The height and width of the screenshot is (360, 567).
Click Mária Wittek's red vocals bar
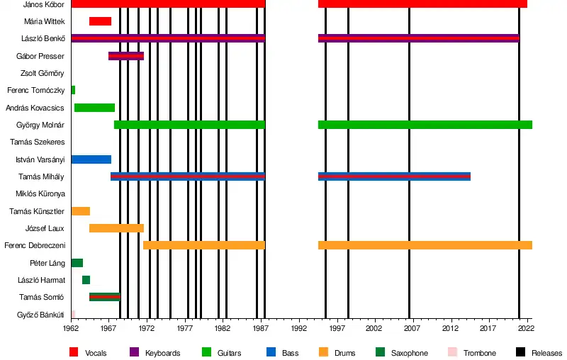pos(100,21)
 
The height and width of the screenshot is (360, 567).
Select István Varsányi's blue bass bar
pos(91,159)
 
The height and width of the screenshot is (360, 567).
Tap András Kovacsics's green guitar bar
pos(94,108)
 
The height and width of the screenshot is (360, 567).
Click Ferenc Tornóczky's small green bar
pos(73,90)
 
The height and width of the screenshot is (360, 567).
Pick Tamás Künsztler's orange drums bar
pos(80,211)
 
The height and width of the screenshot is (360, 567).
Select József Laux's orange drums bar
pos(116,228)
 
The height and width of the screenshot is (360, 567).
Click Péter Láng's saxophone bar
pos(77,263)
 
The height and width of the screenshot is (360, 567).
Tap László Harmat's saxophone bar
pos(86,280)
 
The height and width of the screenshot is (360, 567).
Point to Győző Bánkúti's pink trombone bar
pos(73,314)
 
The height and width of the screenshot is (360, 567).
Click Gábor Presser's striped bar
pos(126,56)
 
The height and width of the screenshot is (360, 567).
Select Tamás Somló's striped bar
pos(104,297)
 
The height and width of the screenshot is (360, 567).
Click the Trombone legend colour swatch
pos(453,352)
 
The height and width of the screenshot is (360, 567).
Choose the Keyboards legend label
pos(162,353)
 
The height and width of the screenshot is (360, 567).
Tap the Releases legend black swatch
pos(520,352)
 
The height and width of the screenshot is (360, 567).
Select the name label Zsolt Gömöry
pos(43,74)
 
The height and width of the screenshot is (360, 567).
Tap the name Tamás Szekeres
pos(43,142)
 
